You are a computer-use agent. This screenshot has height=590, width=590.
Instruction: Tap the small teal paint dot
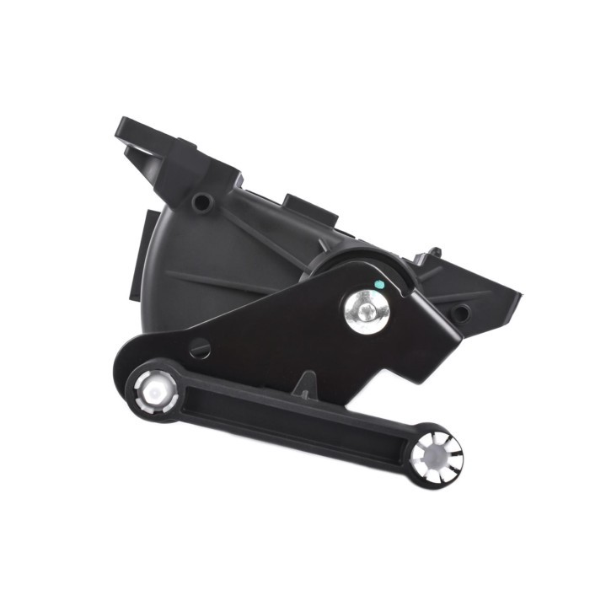(379, 285)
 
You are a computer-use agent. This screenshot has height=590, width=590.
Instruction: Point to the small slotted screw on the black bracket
(200, 347)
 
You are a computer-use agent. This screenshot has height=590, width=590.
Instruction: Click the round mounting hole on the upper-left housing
(201, 202)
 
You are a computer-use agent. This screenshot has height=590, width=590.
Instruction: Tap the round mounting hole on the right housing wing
(460, 314)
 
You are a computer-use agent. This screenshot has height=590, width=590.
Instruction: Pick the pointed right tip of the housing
(516, 296)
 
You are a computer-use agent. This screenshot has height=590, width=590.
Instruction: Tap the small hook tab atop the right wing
(433, 251)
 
